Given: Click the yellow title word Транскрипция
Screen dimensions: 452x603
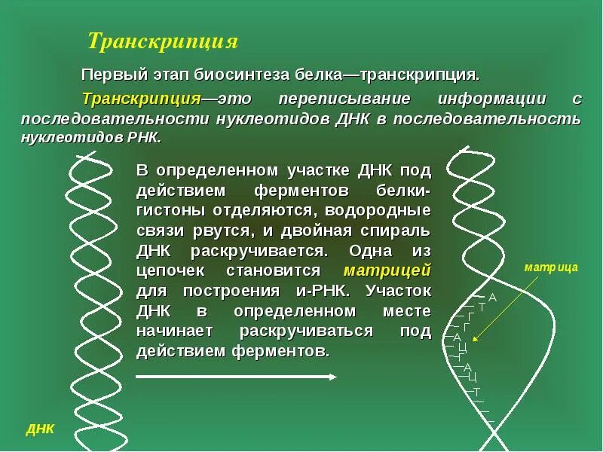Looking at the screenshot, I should [163, 41].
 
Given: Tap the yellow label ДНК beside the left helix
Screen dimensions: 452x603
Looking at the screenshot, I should [40, 429].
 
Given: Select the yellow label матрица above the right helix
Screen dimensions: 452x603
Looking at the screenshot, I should [551, 267].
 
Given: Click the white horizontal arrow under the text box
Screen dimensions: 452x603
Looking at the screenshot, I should [236, 376].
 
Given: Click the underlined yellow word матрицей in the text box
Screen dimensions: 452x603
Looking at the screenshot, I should [387, 270].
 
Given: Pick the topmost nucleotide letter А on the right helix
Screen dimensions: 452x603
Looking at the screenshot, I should [493, 297].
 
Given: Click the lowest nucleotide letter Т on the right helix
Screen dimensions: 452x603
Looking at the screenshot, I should [476, 392].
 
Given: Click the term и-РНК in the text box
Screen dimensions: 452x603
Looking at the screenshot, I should [326, 290].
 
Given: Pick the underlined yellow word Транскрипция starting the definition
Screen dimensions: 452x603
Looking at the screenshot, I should [141, 99].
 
